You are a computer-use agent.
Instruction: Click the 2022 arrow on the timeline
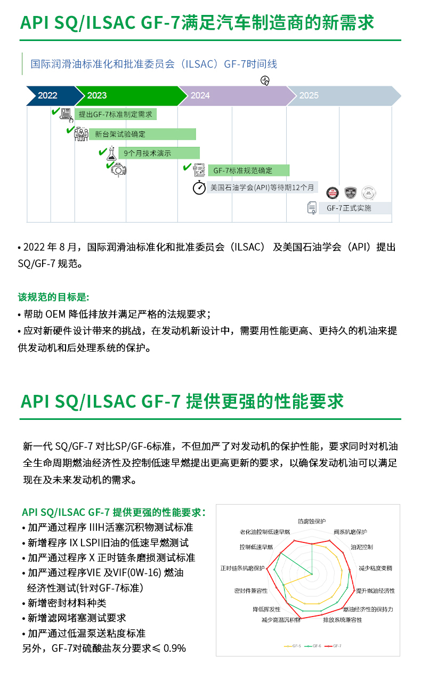click(x=48, y=96)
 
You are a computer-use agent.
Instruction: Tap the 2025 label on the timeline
click(x=309, y=96)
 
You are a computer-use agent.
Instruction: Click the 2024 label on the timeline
click(x=200, y=96)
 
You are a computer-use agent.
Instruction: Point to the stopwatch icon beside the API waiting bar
click(x=199, y=188)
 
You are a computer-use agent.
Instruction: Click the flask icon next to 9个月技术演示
click(x=111, y=153)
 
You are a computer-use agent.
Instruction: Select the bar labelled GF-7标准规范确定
click(x=248, y=171)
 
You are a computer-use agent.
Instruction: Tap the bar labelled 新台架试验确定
click(x=142, y=134)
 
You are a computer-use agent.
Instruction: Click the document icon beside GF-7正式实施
click(x=312, y=208)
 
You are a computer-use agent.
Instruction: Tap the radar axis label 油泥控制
click(x=361, y=547)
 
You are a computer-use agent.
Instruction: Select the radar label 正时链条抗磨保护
click(x=242, y=567)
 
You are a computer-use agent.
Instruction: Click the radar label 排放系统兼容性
click(x=342, y=620)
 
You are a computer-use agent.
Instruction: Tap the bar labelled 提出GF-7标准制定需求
click(x=116, y=114)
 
